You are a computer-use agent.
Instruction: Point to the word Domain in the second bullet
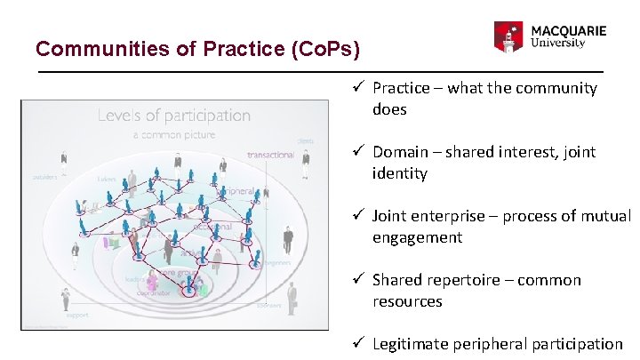[397, 152]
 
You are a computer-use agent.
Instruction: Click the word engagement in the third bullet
[417, 237]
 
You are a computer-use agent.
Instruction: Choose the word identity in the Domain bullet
[399, 173]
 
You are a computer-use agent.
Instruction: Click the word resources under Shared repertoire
[407, 301]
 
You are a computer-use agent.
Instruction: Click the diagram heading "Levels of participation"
[174, 115]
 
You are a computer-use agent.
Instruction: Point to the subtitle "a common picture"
[174, 134]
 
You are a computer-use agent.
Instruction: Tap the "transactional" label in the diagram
[271, 155]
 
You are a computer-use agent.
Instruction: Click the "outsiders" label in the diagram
[44, 177]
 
